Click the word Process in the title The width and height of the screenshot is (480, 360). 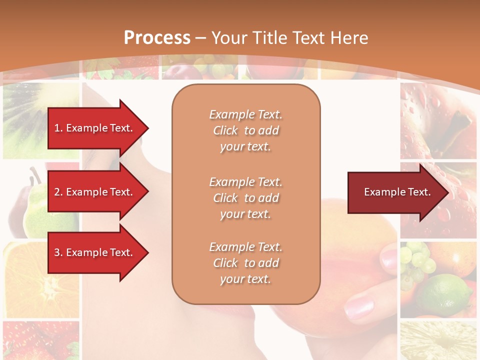coord(157,38)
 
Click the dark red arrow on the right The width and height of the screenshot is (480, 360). coord(395,192)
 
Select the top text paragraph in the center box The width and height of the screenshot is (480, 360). coord(245,130)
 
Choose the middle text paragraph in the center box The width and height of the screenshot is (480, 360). coord(245,198)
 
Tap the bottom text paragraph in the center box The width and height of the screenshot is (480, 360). coord(245,263)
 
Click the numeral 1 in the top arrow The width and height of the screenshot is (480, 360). coord(56,128)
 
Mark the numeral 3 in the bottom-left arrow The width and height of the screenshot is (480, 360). coord(56,252)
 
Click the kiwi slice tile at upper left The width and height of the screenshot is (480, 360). coord(35,117)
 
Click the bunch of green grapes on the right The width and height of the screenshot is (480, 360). coord(417,260)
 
